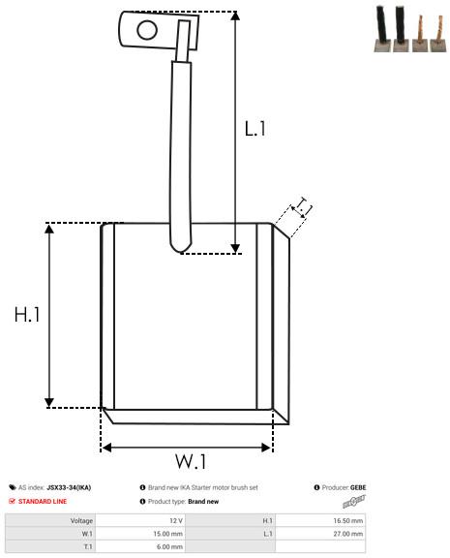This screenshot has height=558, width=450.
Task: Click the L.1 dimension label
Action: click(255, 129)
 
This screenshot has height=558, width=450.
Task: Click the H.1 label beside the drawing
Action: click(27, 315)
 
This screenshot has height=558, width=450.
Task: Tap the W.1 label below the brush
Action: click(191, 461)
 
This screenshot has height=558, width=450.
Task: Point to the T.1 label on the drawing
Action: click(303, 206)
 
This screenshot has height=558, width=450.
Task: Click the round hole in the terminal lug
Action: click(147, 30)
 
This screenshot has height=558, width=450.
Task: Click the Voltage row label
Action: click(81, 521)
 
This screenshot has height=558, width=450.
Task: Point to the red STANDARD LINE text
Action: click(43, 502)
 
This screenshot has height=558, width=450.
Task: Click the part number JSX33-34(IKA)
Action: click(69, 487)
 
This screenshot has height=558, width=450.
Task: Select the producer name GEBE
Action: click(358, 487)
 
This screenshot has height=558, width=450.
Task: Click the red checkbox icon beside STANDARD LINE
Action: click(12, 501)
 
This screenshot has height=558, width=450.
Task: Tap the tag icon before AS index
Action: click(13, 487)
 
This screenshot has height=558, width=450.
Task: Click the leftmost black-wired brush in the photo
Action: click(382, 29)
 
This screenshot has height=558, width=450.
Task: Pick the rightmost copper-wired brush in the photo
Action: click(438, 34)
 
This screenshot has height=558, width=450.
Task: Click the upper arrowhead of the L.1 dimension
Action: click(235, 15)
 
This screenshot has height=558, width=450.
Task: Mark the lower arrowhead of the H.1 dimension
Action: click(49, 403)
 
